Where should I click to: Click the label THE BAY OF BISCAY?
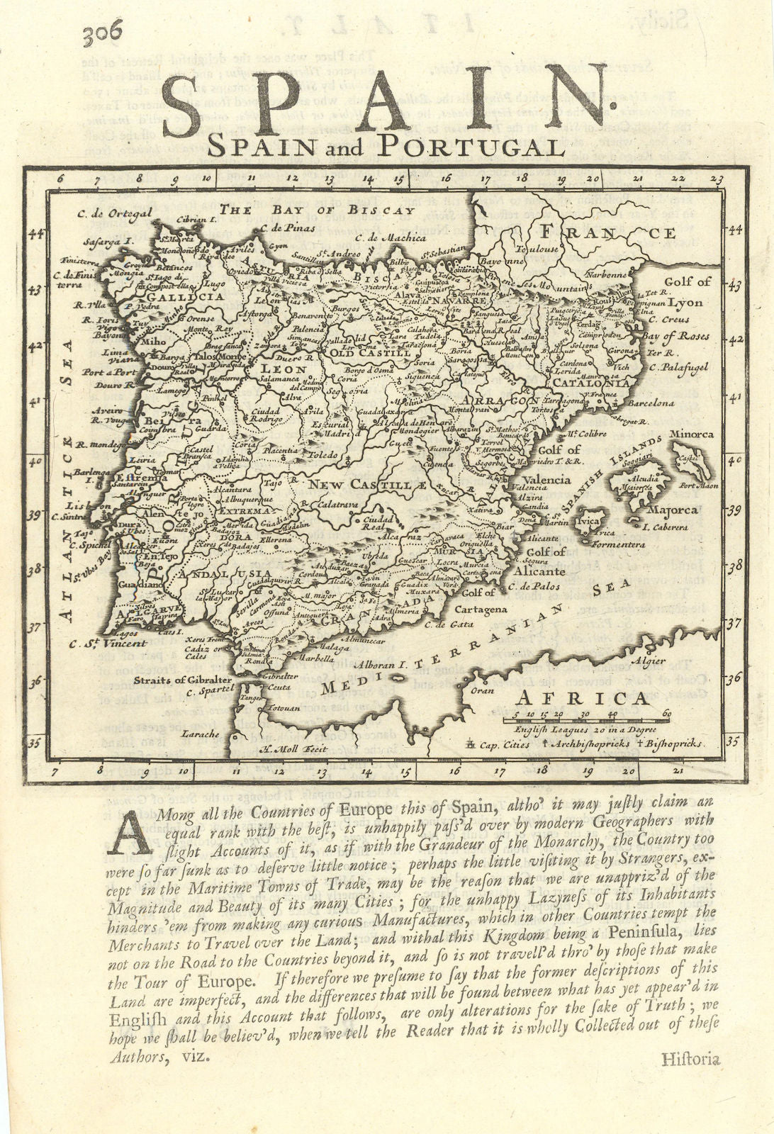(x=316, y=210)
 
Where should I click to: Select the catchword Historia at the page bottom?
(x=690, y=1060)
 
